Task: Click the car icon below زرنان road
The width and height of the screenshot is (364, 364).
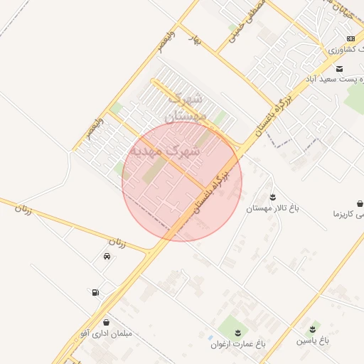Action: tap(107, 257)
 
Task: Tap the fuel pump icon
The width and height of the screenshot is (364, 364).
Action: tap(95, 292)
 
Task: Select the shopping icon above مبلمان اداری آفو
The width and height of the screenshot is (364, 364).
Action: tap(107, 322)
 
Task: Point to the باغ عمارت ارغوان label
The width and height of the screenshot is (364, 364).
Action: tap(237, 343)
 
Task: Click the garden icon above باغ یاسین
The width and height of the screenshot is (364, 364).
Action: tap(314, 329)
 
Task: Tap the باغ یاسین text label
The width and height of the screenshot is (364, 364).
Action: tap(314, 341)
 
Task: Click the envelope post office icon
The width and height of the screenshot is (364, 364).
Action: tap(339, 68)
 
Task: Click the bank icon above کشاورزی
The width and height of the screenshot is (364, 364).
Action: tap(350, 38)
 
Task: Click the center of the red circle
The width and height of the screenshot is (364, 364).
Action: tap(182, 181)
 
